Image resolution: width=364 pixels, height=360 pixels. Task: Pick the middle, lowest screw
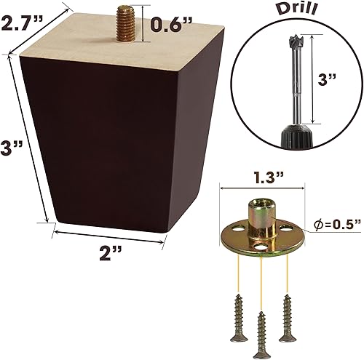click(261, 335)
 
